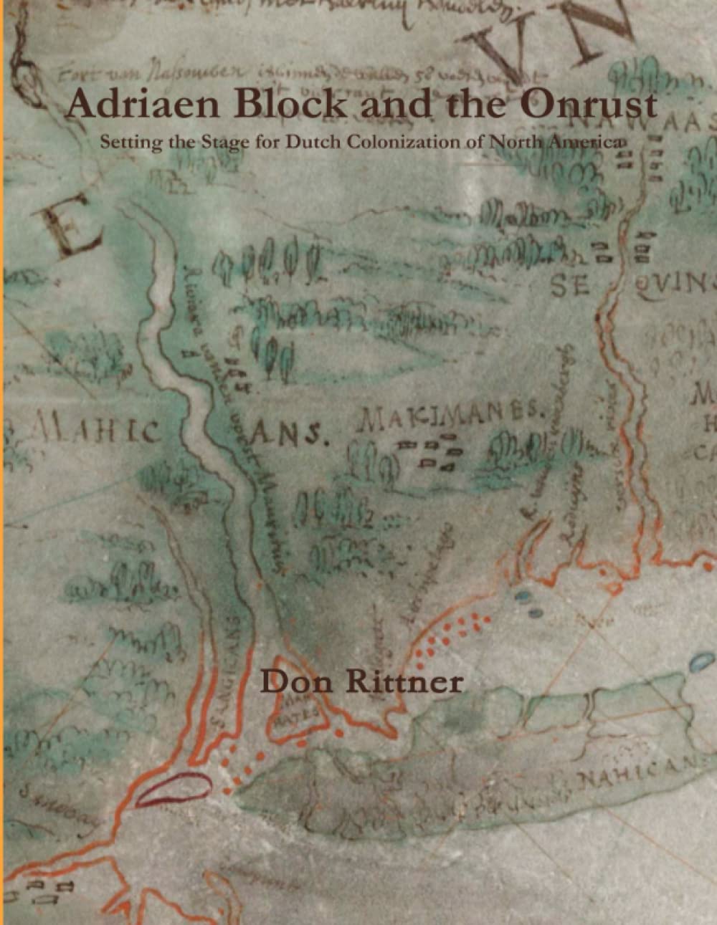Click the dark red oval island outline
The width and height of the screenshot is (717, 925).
point(172,790)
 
